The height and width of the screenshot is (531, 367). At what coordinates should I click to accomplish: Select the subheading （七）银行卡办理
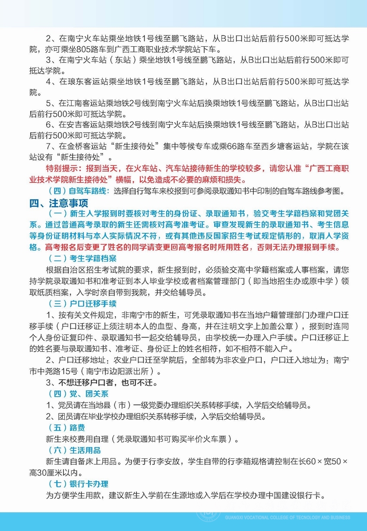(x=78, y=484)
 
